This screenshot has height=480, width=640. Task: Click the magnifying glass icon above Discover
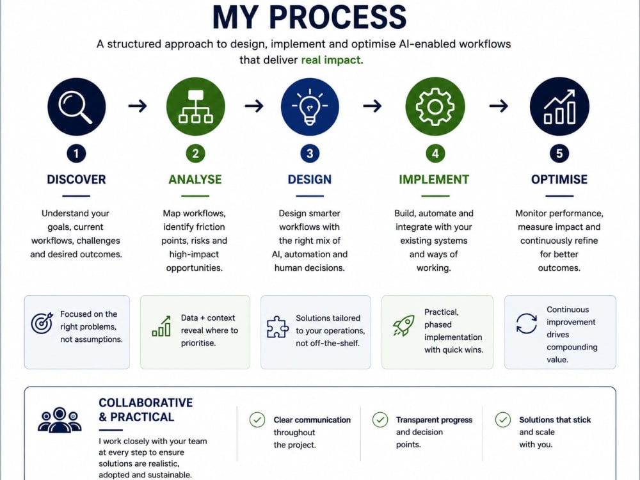coord(76,106)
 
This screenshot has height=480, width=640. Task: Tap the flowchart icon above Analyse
coord(195,106)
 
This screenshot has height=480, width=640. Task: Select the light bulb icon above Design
coord(310,106)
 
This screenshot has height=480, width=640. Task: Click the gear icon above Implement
coord(435,106)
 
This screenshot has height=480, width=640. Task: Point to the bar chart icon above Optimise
coord(559,106)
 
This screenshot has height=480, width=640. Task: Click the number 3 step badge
coord(310,154)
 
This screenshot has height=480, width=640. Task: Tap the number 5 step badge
coord(559,154)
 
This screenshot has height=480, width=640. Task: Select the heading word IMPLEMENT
coord(434,180)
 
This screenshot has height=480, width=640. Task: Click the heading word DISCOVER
coord(76,180)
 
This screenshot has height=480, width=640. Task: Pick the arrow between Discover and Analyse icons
coord(138,106)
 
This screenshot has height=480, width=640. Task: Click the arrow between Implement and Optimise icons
coord(499,106)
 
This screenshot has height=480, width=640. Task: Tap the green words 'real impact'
coord(331,60)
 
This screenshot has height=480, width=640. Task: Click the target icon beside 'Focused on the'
coord(42,323)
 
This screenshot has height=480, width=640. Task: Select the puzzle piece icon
coord(278,327)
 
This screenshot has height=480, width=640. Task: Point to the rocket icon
coord(404,326)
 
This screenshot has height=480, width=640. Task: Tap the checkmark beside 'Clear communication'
coord(257,420)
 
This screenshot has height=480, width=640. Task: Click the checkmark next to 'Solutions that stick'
coord(503,420)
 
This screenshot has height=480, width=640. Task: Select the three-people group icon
coord(60,420)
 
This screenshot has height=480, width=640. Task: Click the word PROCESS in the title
coord(337,17)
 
